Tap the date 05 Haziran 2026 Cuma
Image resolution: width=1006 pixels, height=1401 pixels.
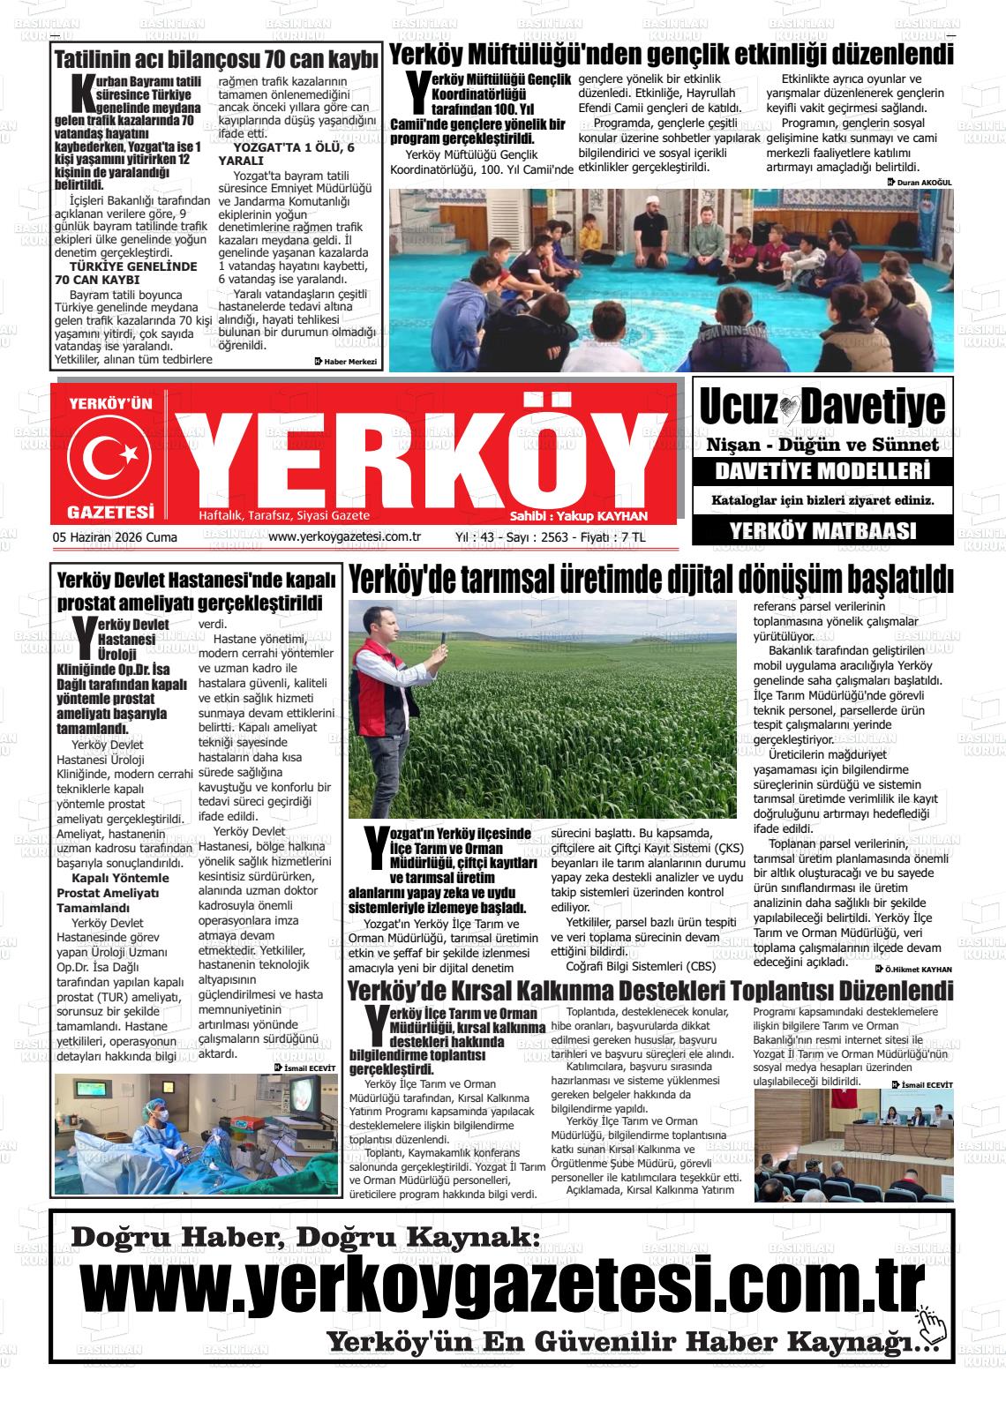click(x=116, y=536)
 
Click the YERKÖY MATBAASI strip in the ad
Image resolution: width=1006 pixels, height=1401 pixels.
click(x=822, y=530)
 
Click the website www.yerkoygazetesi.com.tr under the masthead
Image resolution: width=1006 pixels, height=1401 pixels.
click(x=343, y=536)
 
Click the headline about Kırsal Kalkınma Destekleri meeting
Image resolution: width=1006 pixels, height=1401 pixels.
click(x=650, y=990)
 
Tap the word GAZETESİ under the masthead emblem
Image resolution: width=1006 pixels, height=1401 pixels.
click(x=110, y=512)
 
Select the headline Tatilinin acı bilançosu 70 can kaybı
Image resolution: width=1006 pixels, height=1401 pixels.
click(x=216, y=60)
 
